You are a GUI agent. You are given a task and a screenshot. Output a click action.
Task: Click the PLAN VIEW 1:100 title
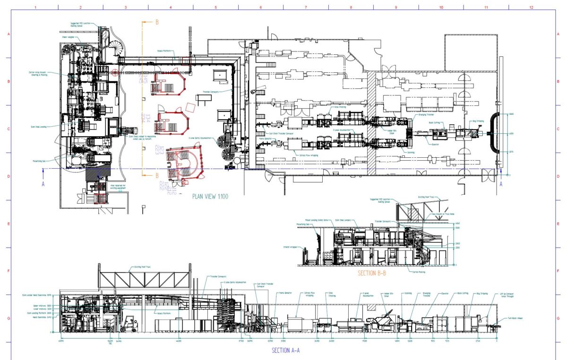point(210,196)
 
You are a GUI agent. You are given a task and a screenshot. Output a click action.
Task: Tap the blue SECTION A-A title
point(285,350)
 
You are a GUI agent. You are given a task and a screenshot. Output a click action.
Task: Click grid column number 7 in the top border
point(306,8)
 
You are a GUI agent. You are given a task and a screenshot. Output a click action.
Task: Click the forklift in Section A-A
point(128,325)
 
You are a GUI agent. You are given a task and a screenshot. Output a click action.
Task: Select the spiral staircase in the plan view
point(115,50)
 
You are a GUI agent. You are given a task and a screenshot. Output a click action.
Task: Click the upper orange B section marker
point(157,22)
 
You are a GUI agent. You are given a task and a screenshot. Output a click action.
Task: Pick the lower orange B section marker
point(157,176)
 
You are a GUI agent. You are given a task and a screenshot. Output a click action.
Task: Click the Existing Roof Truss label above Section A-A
point(140,267)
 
